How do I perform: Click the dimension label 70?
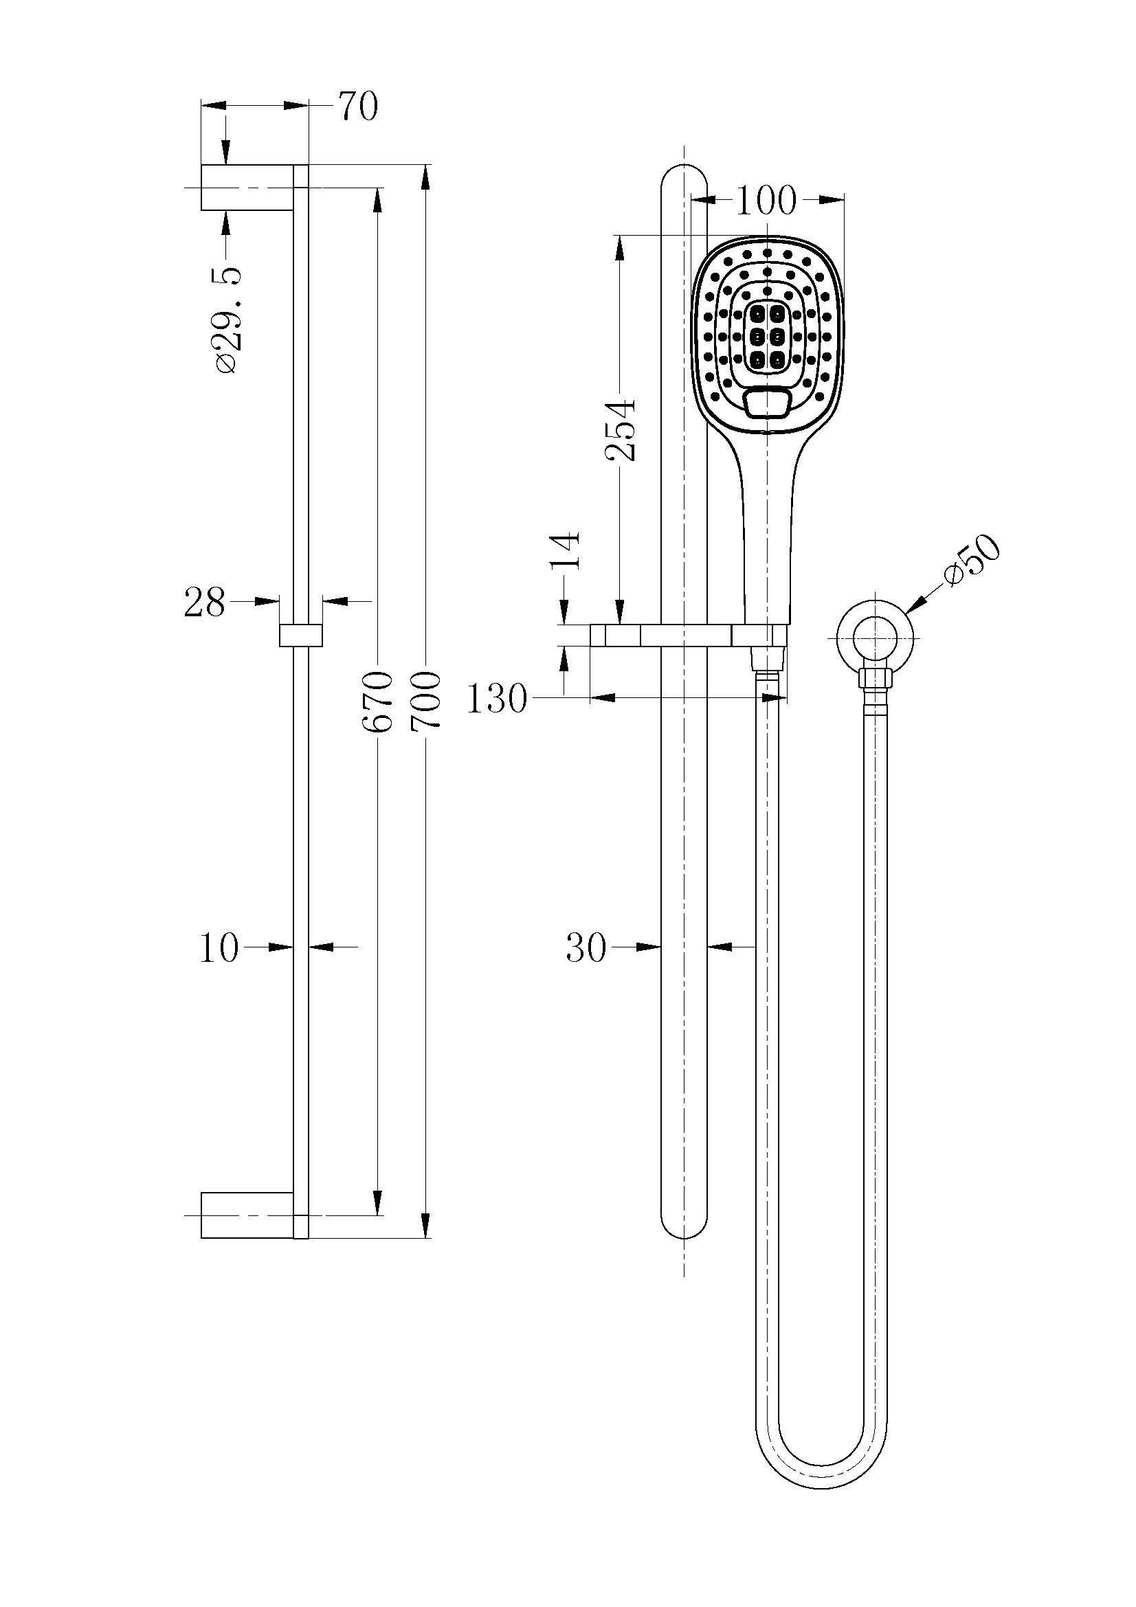[358, 107]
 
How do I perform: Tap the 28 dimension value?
[204, 602]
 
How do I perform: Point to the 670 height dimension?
[378, 701]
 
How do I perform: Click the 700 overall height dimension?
[425, 701]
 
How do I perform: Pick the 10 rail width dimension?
[219, 949]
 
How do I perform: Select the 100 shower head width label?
[766, 201]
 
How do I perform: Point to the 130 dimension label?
[496, 699]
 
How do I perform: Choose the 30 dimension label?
[586, 949]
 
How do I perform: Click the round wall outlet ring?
[876, 638]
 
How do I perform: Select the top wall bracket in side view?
[247, 188]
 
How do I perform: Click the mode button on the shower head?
[768, 404]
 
